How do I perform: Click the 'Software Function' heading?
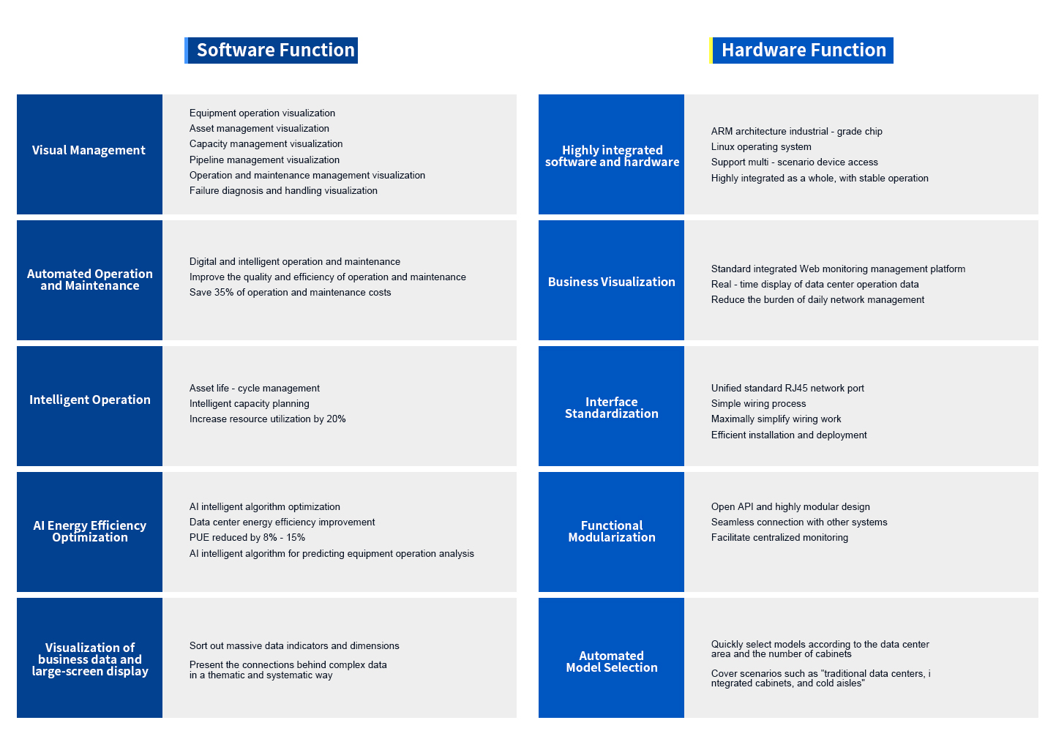(x=275, y=50)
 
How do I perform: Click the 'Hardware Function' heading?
(x=804, y=50)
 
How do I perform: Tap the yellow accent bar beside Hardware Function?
(x=711, y=50)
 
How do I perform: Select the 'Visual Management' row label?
(x=89, y=150)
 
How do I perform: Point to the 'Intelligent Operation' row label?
(x=89, y=400)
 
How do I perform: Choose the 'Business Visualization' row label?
(x=612, y=282)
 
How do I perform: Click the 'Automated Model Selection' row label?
(x=612, y=662)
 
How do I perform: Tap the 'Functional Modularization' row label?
(x=612, y=531)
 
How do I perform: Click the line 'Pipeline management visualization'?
(x=264, y=160)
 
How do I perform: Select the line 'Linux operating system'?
(x=761, y=146)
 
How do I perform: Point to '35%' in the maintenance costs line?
(x=224, y=292)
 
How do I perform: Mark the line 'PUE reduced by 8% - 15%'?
(x=247, y=537)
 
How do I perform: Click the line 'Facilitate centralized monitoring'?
(x=779, y=537)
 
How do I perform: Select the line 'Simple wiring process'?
(x=759, y=403)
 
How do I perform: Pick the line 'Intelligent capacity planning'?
(x=250, y=403)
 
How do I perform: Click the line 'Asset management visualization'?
(x=259, y=128)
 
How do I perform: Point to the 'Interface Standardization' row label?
(x=612, y=408)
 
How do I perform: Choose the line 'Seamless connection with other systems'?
(x=799, y=522)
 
